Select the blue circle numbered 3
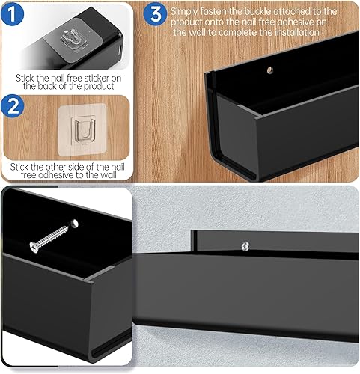[x=156, y=13]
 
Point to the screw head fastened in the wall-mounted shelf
[x=245, y=245]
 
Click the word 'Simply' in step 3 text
[x=186, y=12]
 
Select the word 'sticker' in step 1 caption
[x=115, y=76]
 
